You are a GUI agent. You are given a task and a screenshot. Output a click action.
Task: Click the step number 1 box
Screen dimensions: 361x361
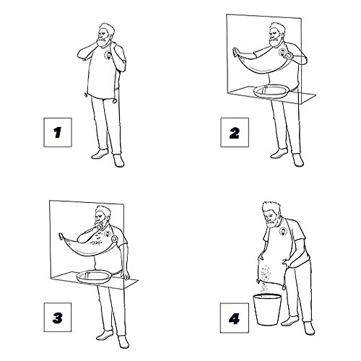click(x=58, y=132)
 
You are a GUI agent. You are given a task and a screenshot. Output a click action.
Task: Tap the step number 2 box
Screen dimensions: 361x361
click(x=235, y=132)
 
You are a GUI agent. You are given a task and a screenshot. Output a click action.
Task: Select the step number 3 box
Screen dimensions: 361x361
click(x=58, y=317)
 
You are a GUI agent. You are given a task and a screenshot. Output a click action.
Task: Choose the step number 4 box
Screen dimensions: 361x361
click(x=235, y=318)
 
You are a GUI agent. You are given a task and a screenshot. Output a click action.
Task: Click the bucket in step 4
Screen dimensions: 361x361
click(x=267, y=309)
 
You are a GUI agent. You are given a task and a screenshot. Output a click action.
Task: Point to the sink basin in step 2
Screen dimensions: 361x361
click(x=271, y=91)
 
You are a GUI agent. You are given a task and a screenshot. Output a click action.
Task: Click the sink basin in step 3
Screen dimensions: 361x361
click(x=94, y=276)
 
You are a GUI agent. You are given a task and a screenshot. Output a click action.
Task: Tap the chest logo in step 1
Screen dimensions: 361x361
click(x=109, y=55)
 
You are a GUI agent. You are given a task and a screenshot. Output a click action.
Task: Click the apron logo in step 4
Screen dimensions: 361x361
click(x=284, y=231)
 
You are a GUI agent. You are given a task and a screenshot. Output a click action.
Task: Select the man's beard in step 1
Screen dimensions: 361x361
click(x=103, y=41)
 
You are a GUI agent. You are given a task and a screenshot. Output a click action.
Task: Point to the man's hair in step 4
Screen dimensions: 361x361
click(x=271, y=207)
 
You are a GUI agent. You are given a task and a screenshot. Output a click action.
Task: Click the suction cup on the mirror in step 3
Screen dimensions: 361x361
click(x=61, y=236)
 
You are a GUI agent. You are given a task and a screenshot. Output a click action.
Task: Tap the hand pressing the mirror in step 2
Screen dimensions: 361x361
click(x=235, y=52)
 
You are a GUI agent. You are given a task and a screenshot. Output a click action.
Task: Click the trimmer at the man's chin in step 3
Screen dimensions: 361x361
click(x=97, y=226)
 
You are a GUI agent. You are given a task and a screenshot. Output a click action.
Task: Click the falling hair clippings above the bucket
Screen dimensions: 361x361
click(x=265, y=287)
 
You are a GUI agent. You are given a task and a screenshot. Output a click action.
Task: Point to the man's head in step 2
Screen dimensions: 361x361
click(x=277, y=35)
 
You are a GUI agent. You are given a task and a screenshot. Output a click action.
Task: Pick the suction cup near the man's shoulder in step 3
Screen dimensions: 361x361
click(x=115, y=239)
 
